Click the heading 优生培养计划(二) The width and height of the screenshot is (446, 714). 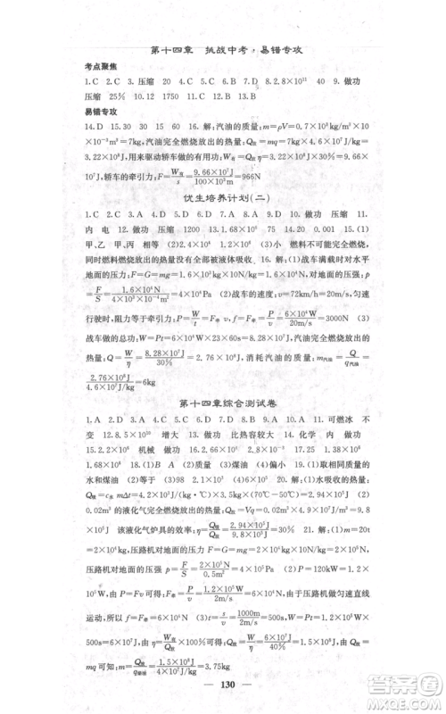(x=223, y=221)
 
